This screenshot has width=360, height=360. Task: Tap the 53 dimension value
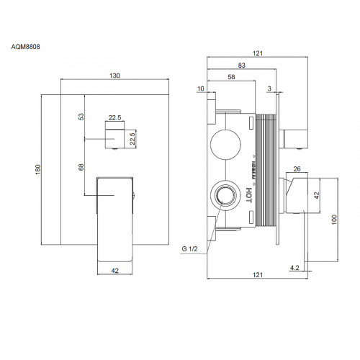[81, 115]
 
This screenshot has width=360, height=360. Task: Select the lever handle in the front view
[115, 216]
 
